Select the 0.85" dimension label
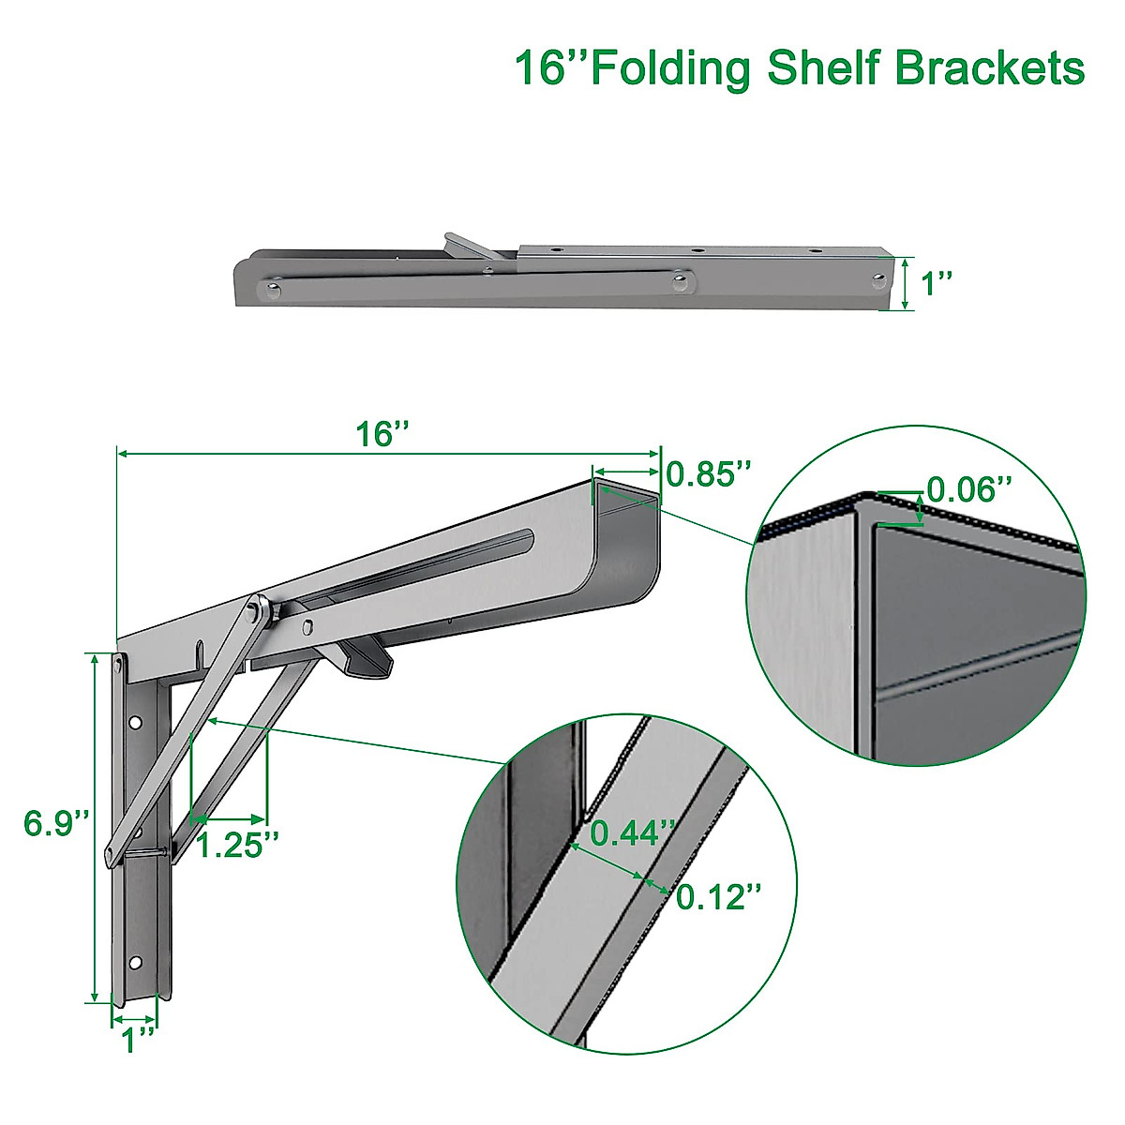709,473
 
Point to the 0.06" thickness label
969,488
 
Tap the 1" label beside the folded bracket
937,282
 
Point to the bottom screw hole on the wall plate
136,963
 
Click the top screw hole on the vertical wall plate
136,723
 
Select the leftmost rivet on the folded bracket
273,291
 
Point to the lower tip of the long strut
110,853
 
